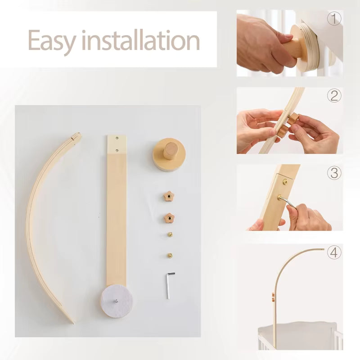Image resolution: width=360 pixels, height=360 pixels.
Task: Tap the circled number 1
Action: coord(334,18)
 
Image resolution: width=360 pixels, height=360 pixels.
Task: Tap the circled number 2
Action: coord(334,95)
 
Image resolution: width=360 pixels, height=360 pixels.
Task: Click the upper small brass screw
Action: coord(170,234)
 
